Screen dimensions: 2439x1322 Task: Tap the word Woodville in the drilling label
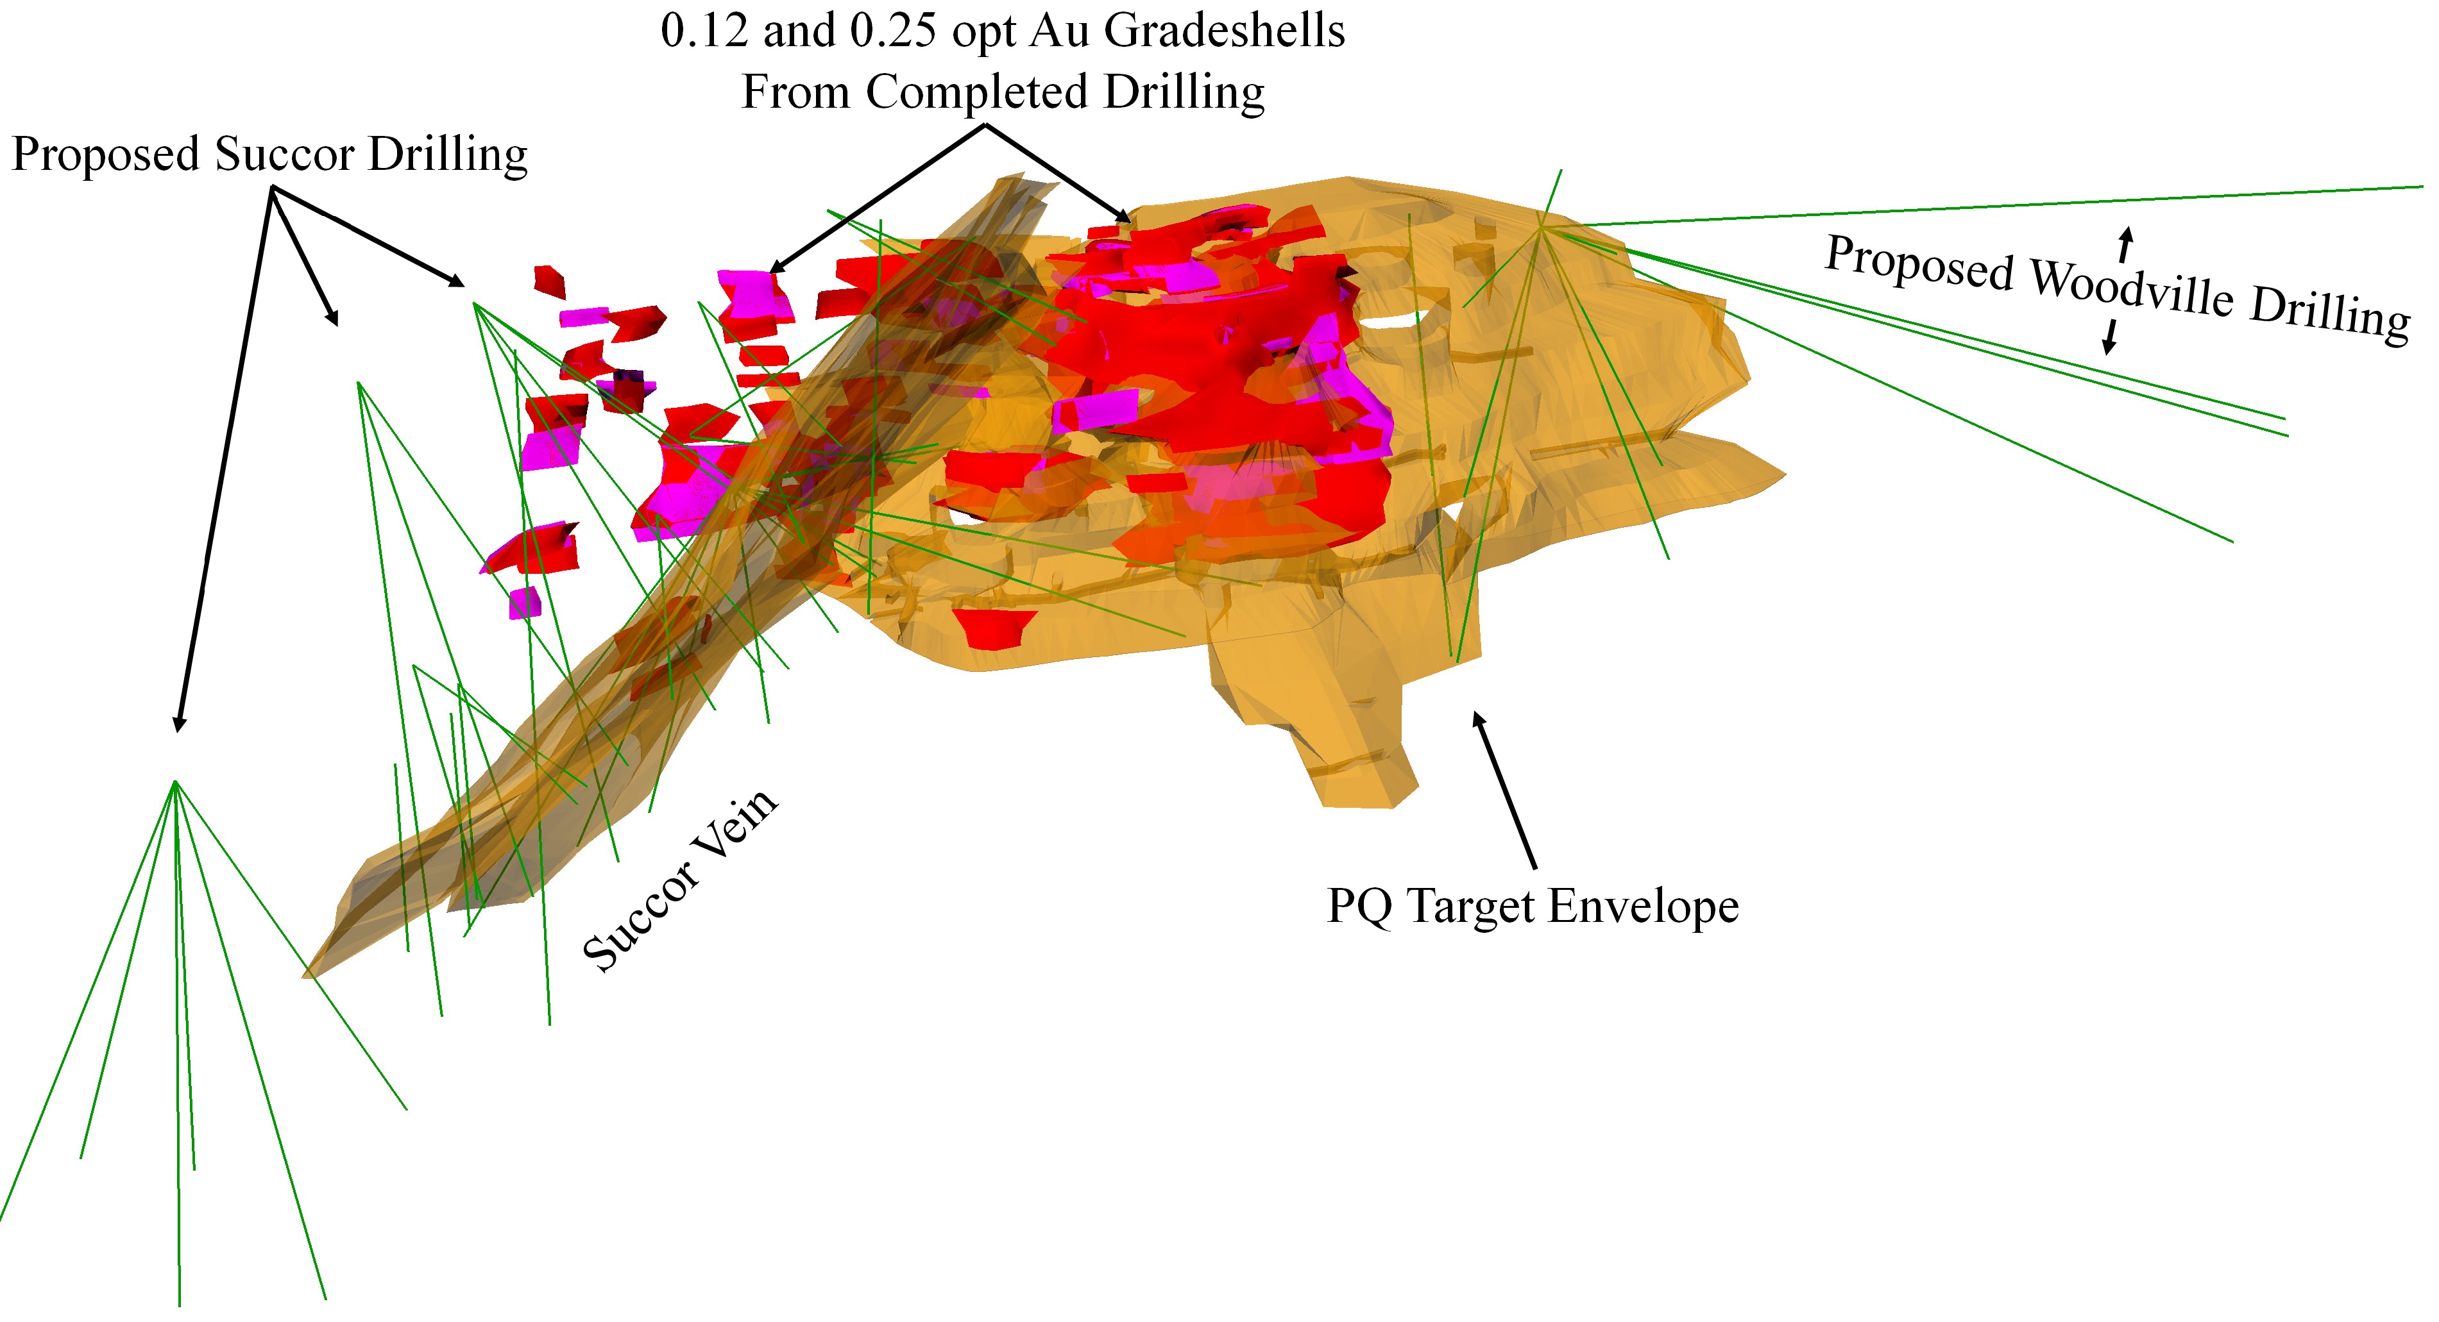point(2131,289)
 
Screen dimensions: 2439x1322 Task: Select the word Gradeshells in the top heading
point(1223,31)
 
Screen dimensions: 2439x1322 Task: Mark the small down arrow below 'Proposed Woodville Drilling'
point(2109,337)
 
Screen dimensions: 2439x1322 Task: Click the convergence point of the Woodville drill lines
point(1542,227)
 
